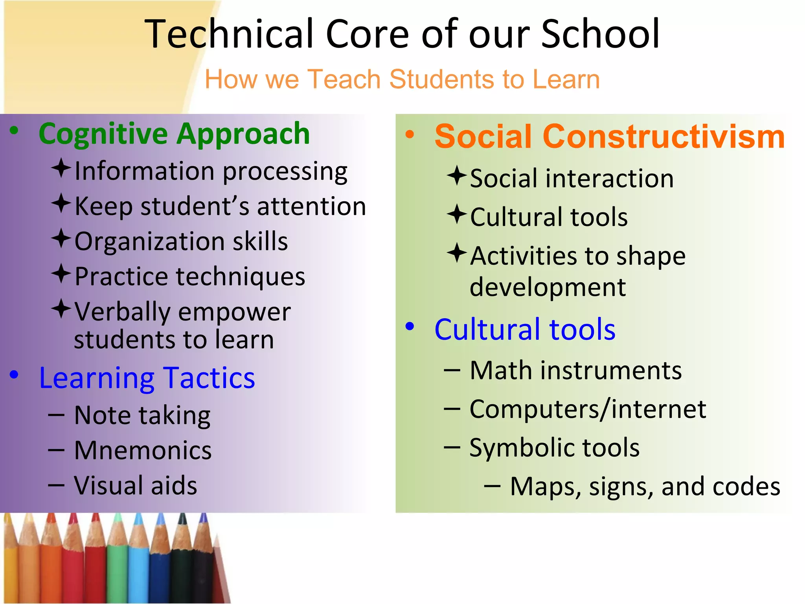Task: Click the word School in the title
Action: click(x=600, y=34)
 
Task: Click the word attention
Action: click(x=311, y=206)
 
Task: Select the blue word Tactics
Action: click(x=209, y=378)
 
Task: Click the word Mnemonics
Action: click(x=143, y=450)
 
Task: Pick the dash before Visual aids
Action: click(x=56, y=485)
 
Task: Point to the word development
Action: click(x=548, y=287)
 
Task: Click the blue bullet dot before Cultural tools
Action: click(x=410, y=326)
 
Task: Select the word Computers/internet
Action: click(x=588, y=409)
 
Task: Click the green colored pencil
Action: click(x=116, y=558)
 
